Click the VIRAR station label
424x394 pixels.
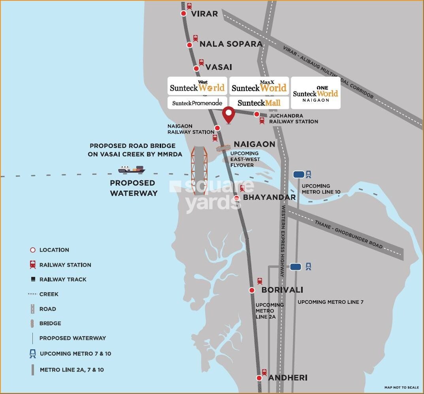(x=204, y=14)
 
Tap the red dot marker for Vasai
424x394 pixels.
(x=196, y=68)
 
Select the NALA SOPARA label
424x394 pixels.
(x=231, y=44)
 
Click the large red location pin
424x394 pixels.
(x=228, y=115)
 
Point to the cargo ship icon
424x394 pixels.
(x=132, y=169)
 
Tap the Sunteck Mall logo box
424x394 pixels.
(x=259, y=103)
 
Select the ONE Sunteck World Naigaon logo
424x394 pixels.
(x=315, y=93)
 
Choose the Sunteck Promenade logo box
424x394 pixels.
(x=197, y=103)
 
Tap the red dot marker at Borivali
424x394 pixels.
(x=252, y=290)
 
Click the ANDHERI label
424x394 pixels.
(x=288, y=378)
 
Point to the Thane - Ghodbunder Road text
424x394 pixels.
(x=349, y=234)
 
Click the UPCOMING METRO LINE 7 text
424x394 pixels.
(x=330, y=302)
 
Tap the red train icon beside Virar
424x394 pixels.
(x=189, y=6)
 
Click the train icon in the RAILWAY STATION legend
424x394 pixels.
(x=33, y=265)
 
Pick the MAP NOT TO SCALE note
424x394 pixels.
(x=401, y=388)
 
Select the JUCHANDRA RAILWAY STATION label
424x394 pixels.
(x=294, y=119)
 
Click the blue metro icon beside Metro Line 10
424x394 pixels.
(x=308, y=174)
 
